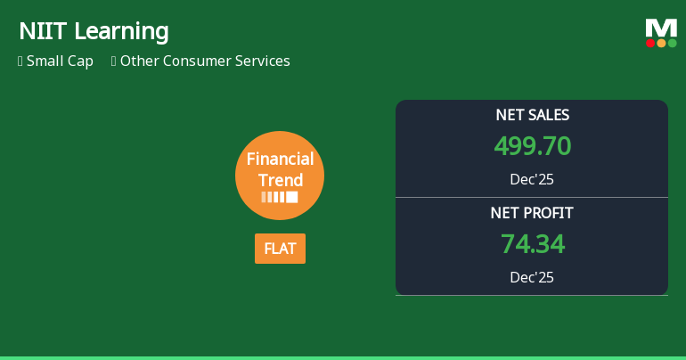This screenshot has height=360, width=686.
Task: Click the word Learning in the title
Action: pyautogui.click(x=120, y=32)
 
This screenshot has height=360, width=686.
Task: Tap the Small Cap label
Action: pyautogui.click(x=60, y=61)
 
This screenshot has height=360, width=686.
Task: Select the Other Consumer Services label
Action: pyautogui.click(x=205, y=61)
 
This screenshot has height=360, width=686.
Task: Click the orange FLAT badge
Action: pyautogui.click(x=280, y=249)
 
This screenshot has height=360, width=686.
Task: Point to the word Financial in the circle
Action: pyautogui.click(x=280, y=160)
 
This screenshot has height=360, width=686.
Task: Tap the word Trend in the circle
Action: pyautogui.click(x=280, y=179)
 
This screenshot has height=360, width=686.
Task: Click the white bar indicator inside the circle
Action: pyautogui.click(x=280, y=197)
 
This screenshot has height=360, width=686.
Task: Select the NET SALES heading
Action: pyautogui.click(x=532, y=115)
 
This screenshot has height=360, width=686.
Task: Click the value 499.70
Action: pyautogui.click(x=532, y=145)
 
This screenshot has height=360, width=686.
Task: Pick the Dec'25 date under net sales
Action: pyautogui.click(x=532, y=179)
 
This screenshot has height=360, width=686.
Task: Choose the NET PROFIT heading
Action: pyautogui.click(x=532, y=213)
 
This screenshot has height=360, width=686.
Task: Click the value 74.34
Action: pyautogui.click(x=532, y=243)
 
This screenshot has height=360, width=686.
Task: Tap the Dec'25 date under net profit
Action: pyautogui.click(x=532, y=277)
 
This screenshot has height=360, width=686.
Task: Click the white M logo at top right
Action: pyautogui.click(x=661, y=28)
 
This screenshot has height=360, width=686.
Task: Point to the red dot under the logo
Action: pyautogui.click(x=650, y=43)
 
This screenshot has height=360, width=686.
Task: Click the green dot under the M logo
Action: pyautogui.click(x=672, y=43)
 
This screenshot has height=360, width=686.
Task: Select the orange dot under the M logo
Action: pyautogui.click(x=661, y=43)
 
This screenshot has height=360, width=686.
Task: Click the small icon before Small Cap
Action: pyautogui.click(x=20, y=61)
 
